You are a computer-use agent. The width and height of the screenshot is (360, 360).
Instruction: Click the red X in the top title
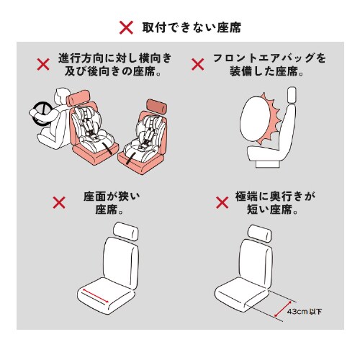point(126,28)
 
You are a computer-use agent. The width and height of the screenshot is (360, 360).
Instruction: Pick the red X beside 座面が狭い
point(60,203)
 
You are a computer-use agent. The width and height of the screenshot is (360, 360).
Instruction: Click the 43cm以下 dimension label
point(304,312)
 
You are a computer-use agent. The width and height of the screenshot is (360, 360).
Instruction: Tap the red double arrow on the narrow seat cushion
point(96,294)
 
